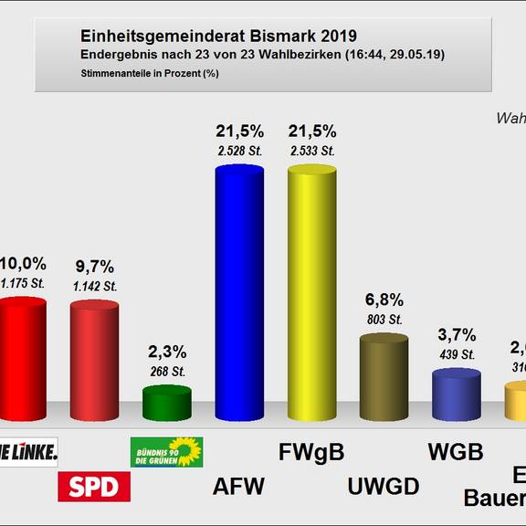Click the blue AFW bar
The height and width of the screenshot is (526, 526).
(238, 292)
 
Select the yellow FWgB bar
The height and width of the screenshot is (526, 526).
(311, 292)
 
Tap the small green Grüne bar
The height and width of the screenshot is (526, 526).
(166, 403)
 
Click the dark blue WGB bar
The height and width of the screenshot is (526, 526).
(456, 394)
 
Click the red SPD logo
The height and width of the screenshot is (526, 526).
(94, 487)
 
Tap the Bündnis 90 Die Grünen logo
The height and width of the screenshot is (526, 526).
(166, 451)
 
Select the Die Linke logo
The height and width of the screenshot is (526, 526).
(27, 450)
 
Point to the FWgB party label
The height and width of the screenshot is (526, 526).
(311, 451)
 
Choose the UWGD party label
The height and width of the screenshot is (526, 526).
(384, 487)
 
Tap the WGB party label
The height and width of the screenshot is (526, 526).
(456, 451)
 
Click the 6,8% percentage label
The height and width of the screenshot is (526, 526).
(384, 300)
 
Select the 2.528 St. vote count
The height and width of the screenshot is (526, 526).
(238, 151)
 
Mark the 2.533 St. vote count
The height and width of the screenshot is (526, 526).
(311, 151)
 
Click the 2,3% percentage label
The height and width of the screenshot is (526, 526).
(166, 352)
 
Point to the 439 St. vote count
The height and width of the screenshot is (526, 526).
(456, 354)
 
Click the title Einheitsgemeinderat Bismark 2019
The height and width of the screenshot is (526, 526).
(218, 36)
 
